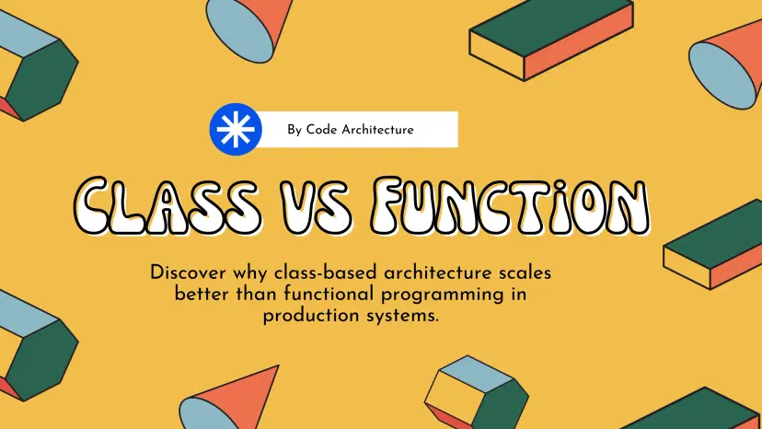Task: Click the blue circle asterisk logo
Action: click(236, 130)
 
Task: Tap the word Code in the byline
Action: click(322, 130)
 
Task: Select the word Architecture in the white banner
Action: click(377, 130)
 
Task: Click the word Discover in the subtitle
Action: click(188, 272)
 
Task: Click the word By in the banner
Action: click(294, 131)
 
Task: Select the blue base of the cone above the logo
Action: click(241, 30)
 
